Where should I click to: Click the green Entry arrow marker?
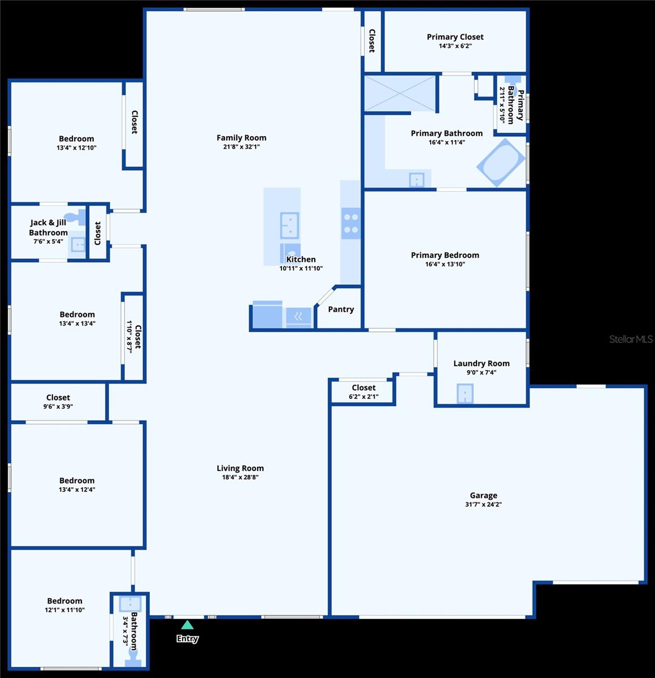pyautogui.click(x=188, y=625)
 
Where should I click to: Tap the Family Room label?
pyautogui.click(x=241, y=138)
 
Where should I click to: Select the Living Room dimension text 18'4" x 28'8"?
pyautogui.click(x=240, y=477)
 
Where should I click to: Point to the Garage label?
pyautogui.click(x=483, y=495)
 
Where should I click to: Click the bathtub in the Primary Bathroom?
pyautogui.click(x=501, y=162)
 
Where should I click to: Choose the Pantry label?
pyautogui.click(x=341, y=310)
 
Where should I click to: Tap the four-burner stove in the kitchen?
pyautogui.click(x=351, y=223)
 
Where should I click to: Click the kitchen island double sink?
pyautogui.click(x=289, y=225)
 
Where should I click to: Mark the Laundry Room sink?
pyautogui.click(x=465, y=393)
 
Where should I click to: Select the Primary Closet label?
pyautogui.click(x=455, y=37)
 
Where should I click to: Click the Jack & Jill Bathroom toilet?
pyautogui.click(x=76, y=217)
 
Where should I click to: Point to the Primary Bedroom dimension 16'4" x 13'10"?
pyautogui.click(x=445, y=264)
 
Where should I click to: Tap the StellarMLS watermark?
pyautogui.click(x=631, y=339)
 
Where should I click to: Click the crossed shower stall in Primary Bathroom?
pyautogui.click(x=400, y=93)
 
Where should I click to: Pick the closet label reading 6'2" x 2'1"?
pyautogui.click(x=364, y=397)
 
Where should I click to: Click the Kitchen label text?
pyautogui.click(x=301, y=259)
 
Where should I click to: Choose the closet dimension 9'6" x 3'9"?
pyautogui.click(x=58, y=406)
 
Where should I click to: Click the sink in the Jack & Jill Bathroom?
pyautogui.click(x=78, y=245)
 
